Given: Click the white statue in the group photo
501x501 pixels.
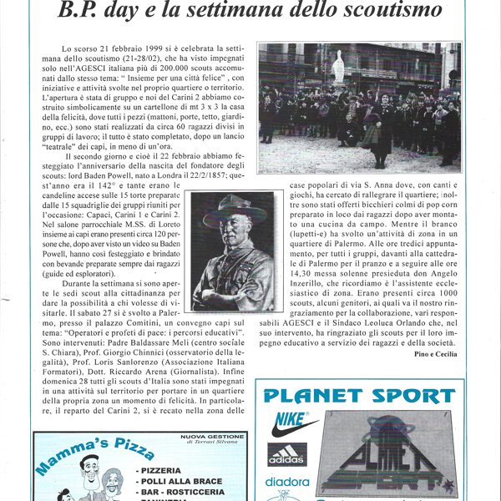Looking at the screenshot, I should click(x=337, y=68).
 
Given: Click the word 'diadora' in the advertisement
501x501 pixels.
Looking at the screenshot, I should click(x=286, y=482).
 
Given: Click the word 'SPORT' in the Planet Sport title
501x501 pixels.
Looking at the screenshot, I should click(x=408, y=395).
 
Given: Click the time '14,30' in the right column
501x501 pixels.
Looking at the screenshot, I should click(x=301, y=283).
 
